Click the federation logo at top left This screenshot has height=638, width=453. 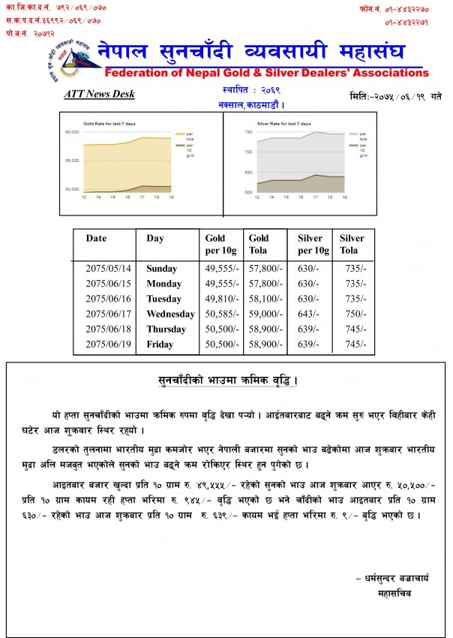coord(72,58)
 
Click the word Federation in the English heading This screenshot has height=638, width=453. coord(140,73)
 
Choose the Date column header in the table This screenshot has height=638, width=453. coord(96,238)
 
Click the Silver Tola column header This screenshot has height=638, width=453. coord(352,244)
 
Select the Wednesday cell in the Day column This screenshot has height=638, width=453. coord(170,314)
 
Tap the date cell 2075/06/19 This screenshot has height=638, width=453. coord(108,345)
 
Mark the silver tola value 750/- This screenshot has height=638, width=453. coord(352,314)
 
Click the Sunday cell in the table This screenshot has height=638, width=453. coord(162,268)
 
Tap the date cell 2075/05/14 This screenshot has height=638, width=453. coord(108,268)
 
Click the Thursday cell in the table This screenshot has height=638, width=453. coord(166,330)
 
